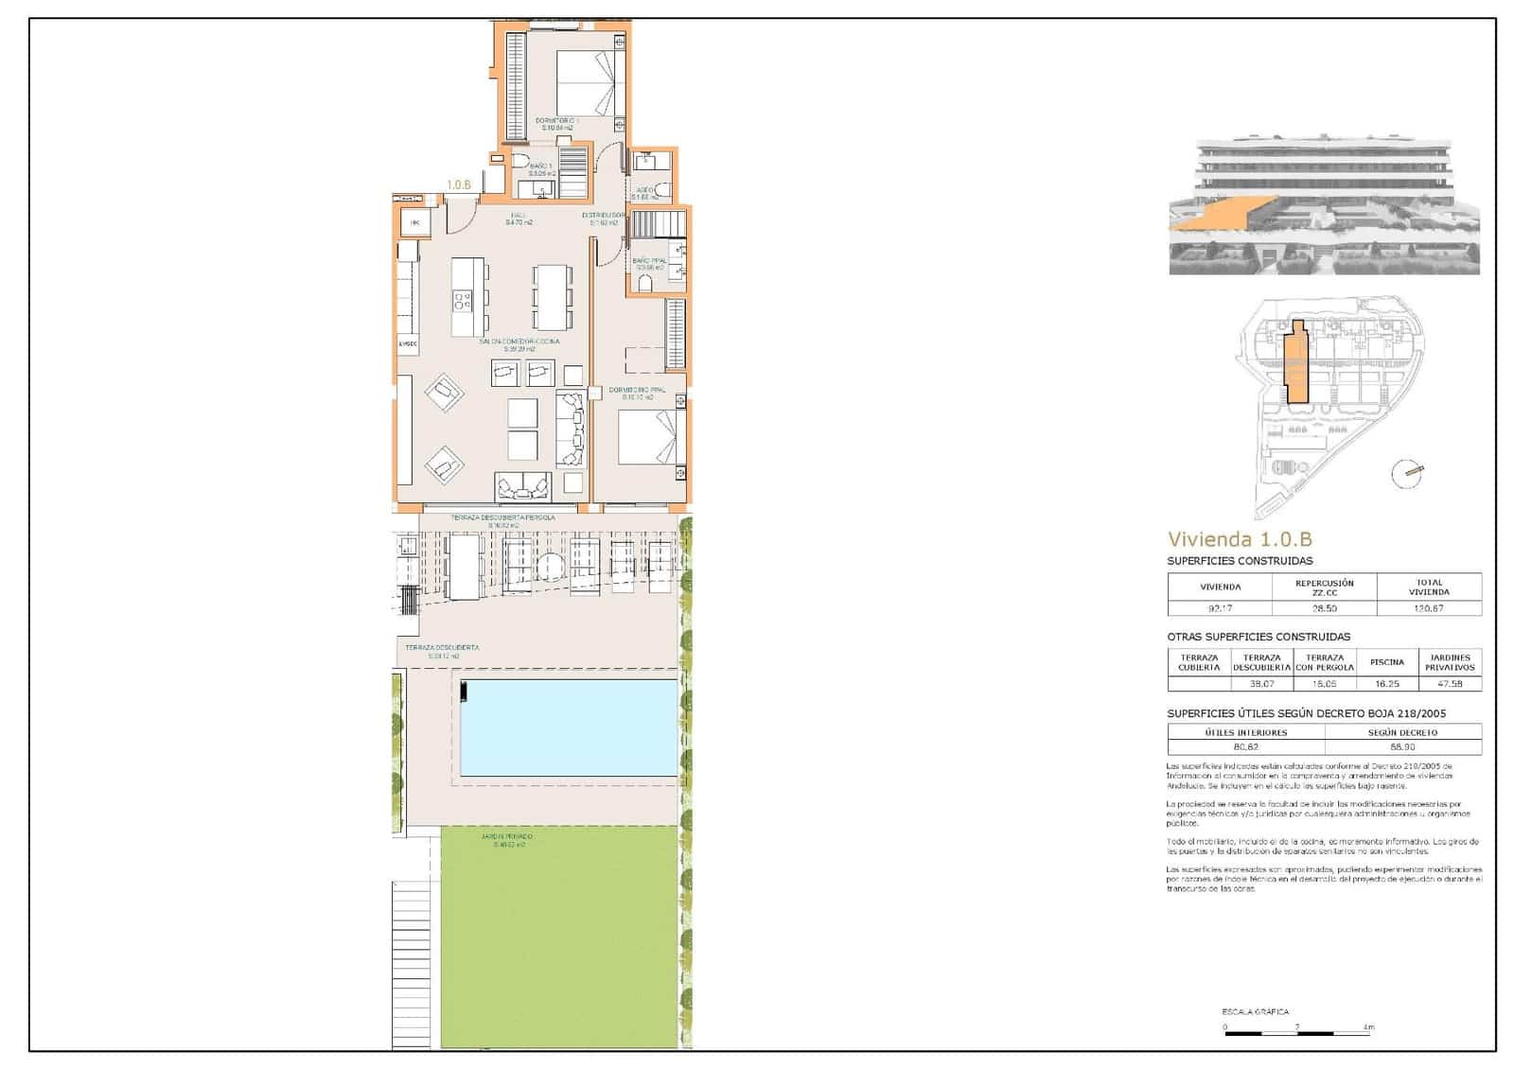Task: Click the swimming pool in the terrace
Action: click(x=569, y=727)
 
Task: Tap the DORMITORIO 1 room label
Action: click(x=557, y=121)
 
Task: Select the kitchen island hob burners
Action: click(x=463, y=301)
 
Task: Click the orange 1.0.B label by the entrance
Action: click(x=459, y=185)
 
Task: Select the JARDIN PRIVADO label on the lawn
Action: click(x=507, y=837)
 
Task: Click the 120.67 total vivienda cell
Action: click(x=1429, y=608)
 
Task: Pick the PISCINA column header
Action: click(x=1387, y=662)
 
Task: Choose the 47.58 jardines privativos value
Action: click(x=1449, y=683)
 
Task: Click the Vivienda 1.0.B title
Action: click(x=1240, y=540)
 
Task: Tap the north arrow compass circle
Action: click(x=1407, y=473)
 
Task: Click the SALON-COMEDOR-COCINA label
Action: click(x=519, y=342)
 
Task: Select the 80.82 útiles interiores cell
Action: click(x=1245, y=746)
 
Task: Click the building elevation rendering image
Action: click(x=1324, y=207)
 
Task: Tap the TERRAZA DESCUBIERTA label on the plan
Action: click(x=442, y=648)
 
